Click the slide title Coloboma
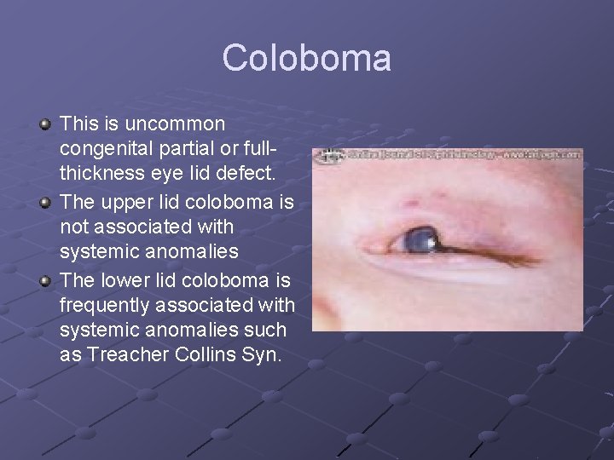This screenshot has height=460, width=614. pos(307,58)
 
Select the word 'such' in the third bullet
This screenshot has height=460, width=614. pos(266,330)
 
